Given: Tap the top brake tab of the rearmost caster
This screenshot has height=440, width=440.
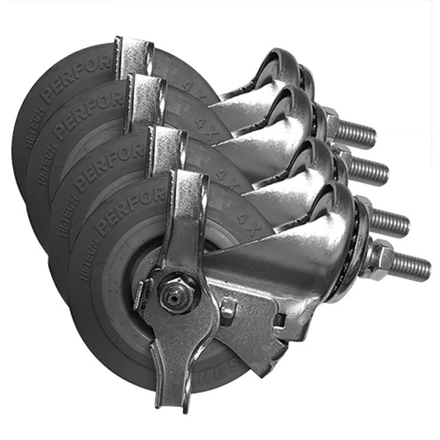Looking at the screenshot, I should [133, 55].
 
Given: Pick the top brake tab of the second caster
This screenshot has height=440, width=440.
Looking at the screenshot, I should [146, 96].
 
